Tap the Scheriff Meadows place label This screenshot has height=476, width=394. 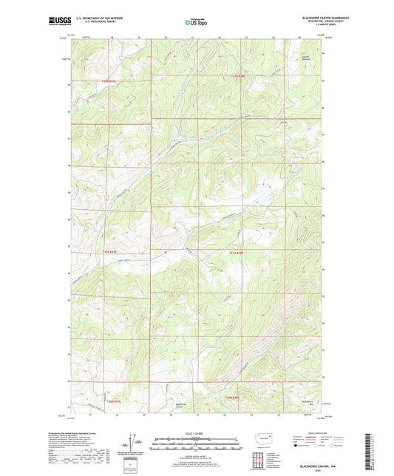pyautogui.click(x=306, y=56)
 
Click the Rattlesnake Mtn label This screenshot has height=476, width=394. pyautogui.click(x=309, y=403)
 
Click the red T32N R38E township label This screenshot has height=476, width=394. pyautogui.click(x=237, y=75)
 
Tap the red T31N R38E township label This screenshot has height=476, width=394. pyautogui.click(x=236, y=252)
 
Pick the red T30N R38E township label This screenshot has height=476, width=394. pyautogui.click(x=233, y=398)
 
